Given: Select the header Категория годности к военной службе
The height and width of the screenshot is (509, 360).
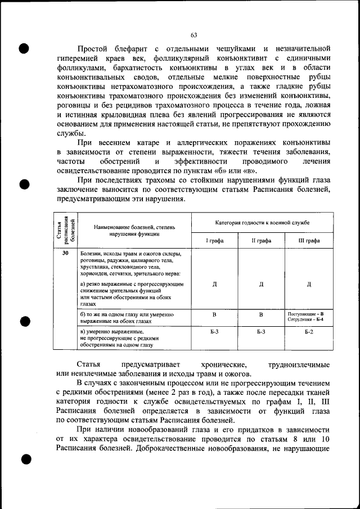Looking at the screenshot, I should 262,223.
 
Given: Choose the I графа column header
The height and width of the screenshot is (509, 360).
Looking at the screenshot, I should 215,240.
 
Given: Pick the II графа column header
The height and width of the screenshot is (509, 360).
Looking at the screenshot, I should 262,240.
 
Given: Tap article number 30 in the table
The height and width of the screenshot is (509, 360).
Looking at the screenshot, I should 65,254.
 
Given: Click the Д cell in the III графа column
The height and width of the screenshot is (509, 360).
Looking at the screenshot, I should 309,284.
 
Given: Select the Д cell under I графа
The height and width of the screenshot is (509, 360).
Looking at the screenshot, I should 215,284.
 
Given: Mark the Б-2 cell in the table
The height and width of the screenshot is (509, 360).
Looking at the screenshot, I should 309,332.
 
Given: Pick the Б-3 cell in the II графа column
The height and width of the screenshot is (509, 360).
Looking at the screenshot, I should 262,332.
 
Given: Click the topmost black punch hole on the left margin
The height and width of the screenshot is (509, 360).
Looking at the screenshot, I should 24,47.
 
